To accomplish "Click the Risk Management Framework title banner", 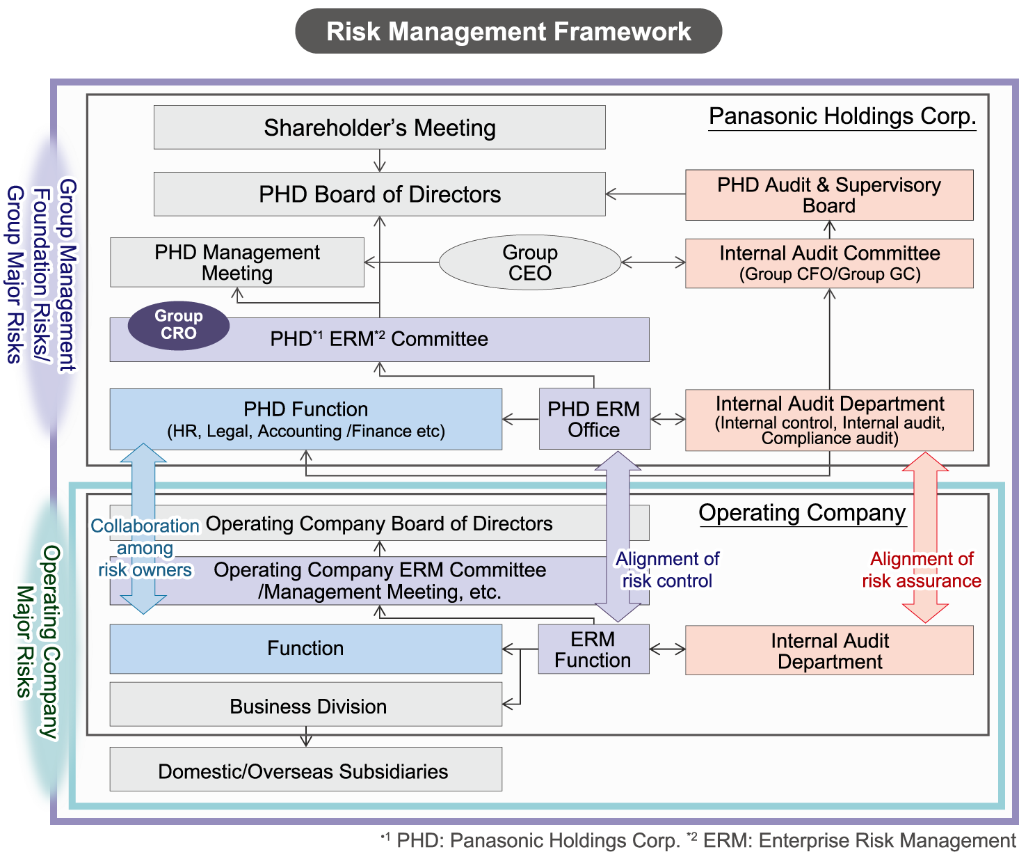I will click(508, 32).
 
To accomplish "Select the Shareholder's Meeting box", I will click(379, 128).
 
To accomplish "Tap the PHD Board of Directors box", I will click(379, 194).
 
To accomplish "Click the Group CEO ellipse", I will click(529, 262).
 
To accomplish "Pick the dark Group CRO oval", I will click(179, 325).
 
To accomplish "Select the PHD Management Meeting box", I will click(236, 262).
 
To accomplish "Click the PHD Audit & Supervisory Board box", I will click(829, 195).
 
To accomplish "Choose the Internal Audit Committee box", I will click(829, 263).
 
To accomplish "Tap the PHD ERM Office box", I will click(594, 419).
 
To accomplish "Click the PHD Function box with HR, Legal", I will click(305, 419).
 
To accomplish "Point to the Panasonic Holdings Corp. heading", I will click(842, 116).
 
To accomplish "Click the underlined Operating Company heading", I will click(802, 513).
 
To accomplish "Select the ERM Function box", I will click(593, 649).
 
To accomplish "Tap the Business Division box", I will click(305, 705).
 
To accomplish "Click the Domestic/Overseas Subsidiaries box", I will click(305, 770).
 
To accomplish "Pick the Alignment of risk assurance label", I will click(922, 570).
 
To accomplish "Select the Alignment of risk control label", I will click(667, 570).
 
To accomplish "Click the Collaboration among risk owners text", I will click(145, 548).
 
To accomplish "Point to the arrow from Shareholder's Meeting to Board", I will click(379, 161).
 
